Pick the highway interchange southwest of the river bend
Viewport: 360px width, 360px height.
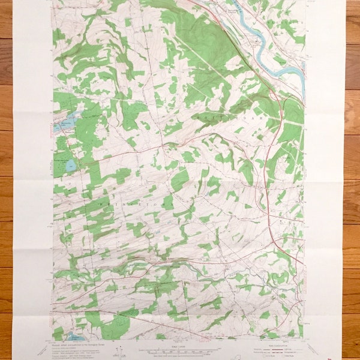(x=274, y=95)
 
